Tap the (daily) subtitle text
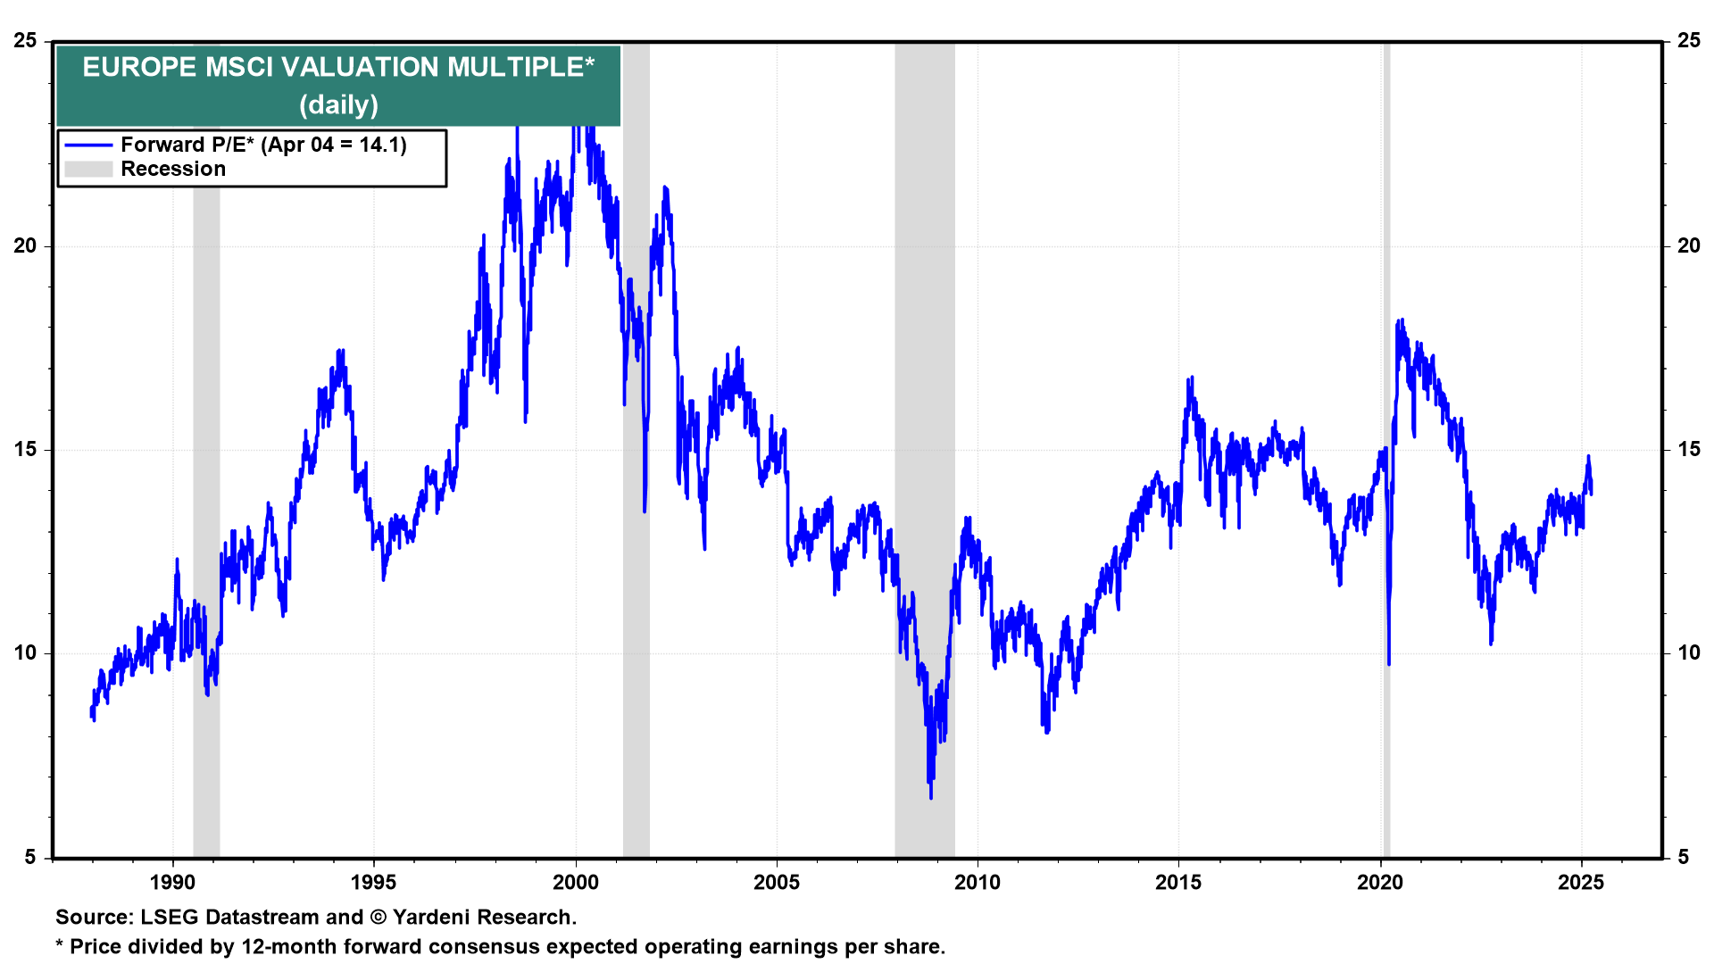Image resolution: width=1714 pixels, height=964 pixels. point(338,105)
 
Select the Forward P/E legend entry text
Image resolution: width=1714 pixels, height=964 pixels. point(263,145)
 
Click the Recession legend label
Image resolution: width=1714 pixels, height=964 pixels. point(173,169)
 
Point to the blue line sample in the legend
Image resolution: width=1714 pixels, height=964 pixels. point(88,145)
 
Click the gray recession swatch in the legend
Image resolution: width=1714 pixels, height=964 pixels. point(88,169)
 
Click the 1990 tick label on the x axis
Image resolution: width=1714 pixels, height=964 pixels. point(172,883)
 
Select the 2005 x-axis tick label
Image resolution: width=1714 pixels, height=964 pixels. point(777,883)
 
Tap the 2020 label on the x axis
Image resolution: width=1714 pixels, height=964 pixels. point(1380,883)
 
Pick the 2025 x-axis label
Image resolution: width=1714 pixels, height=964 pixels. point(1581,883)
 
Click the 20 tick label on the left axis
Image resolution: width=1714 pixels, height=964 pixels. point(25,245)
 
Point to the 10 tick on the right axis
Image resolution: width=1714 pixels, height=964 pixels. point(1688,652)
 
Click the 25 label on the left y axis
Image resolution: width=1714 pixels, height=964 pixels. point(25,41)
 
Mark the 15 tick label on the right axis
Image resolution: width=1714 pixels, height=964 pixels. point(1688,449)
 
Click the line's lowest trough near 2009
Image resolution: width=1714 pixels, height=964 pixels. point(931,797)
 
